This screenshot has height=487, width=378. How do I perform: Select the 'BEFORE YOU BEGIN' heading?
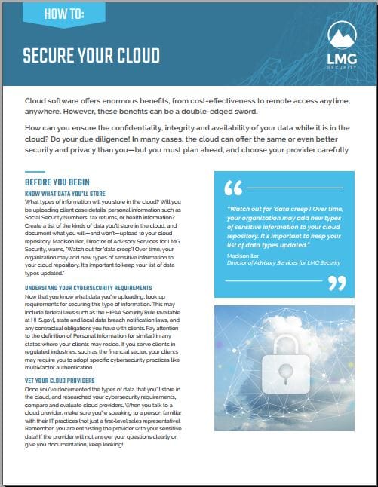pos(57,182)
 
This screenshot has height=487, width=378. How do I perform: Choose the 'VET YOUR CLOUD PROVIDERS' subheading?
pos(60,381)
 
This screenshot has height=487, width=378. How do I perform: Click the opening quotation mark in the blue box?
pos(234,188)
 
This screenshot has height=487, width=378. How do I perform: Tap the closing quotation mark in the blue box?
pos(338,283)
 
